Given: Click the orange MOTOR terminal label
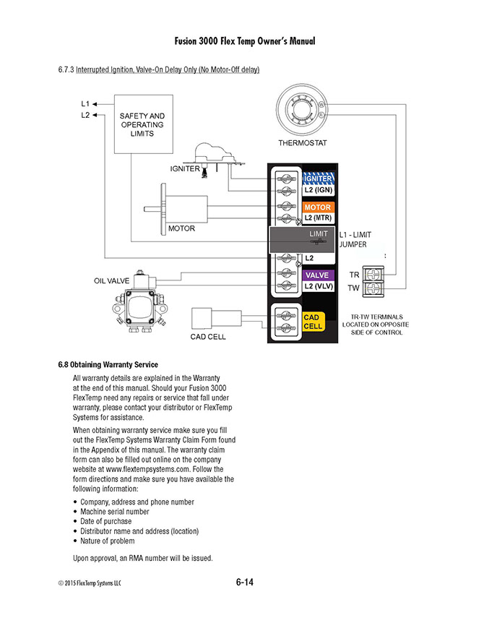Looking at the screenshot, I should pos(317,208).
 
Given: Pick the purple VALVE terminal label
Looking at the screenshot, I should pos(317,275).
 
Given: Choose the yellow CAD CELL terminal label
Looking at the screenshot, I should pos(313,322).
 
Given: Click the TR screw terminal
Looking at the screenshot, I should pos(374,275).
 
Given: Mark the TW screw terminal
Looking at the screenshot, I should pos(374,288).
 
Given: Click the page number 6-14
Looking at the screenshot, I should pos(244,582).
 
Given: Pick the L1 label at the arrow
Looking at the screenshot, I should pos(85,104).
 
